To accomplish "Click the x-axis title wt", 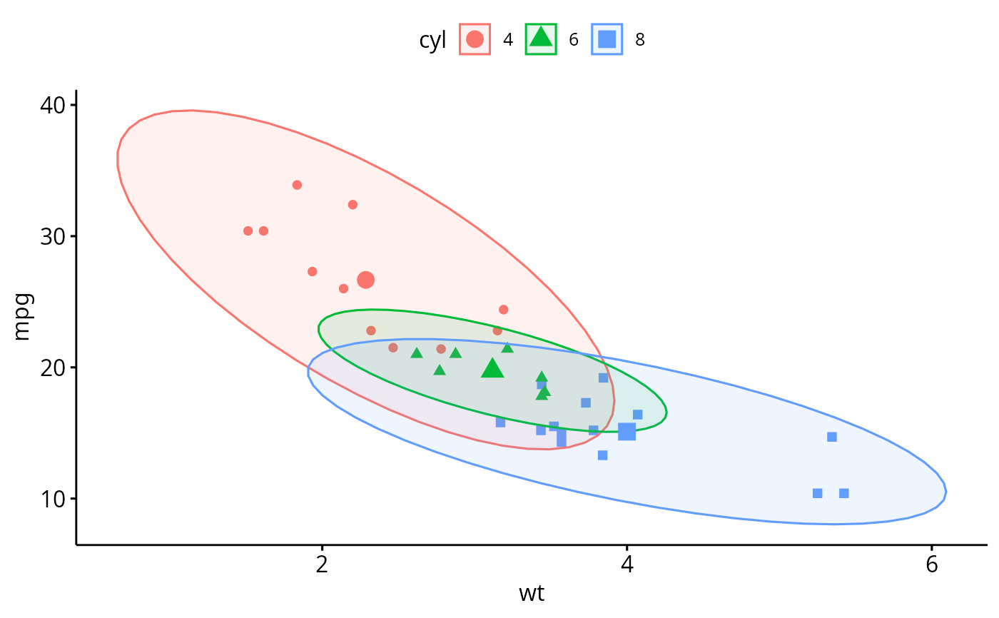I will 532,593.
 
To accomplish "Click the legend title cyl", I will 433,40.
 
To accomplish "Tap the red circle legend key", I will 475,39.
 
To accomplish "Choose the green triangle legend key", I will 542,39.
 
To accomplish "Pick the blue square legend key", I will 607,39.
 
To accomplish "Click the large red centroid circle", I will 365,280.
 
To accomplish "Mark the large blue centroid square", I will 627,431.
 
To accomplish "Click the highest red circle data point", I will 297,185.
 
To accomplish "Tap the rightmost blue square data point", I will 844,493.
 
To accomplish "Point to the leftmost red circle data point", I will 248,231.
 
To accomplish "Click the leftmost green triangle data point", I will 417,353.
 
